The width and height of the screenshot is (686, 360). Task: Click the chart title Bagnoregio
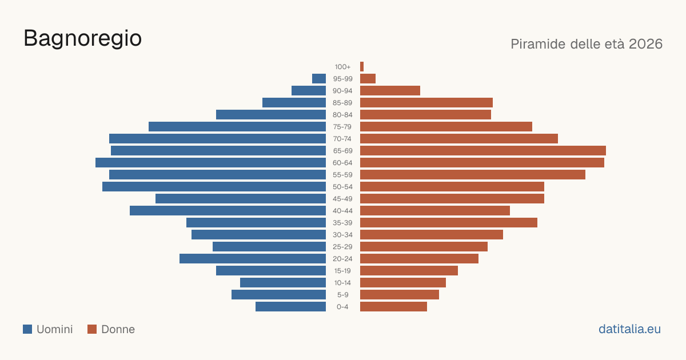83,39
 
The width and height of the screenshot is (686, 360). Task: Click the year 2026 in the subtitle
645,44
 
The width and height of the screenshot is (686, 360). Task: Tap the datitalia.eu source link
629,329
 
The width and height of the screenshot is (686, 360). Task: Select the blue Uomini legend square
27,329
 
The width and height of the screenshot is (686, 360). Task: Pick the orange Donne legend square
92,329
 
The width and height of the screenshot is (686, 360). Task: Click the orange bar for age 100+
362,66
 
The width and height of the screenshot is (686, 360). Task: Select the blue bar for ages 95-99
319,78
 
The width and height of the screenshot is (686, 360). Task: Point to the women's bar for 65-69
483,151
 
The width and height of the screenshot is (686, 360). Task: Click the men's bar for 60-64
211,162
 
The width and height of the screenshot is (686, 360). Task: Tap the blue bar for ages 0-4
290,306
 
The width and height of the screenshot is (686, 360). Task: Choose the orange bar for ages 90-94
390,91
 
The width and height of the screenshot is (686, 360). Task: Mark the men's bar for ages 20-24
253,259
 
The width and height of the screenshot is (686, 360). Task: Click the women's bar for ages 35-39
449,222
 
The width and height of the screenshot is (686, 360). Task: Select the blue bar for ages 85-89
294,102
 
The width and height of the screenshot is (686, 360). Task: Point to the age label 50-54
342,187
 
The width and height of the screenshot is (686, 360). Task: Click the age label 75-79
342,127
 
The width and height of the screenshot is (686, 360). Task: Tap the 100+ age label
342,67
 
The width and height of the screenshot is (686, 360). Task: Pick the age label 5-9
342,295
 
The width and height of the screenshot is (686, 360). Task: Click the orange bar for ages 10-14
403,282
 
